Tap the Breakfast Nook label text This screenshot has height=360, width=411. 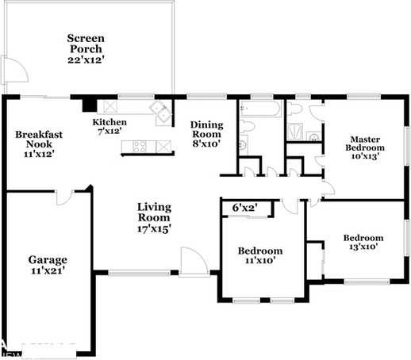click(x=37, y=144)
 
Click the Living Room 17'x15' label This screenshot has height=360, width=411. click(x=154, y=217)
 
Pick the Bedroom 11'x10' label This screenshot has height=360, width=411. click(x=260, y=256)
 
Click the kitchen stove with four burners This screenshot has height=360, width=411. click(x=140, y=146)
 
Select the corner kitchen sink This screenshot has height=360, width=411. click(x=162, y=113)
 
